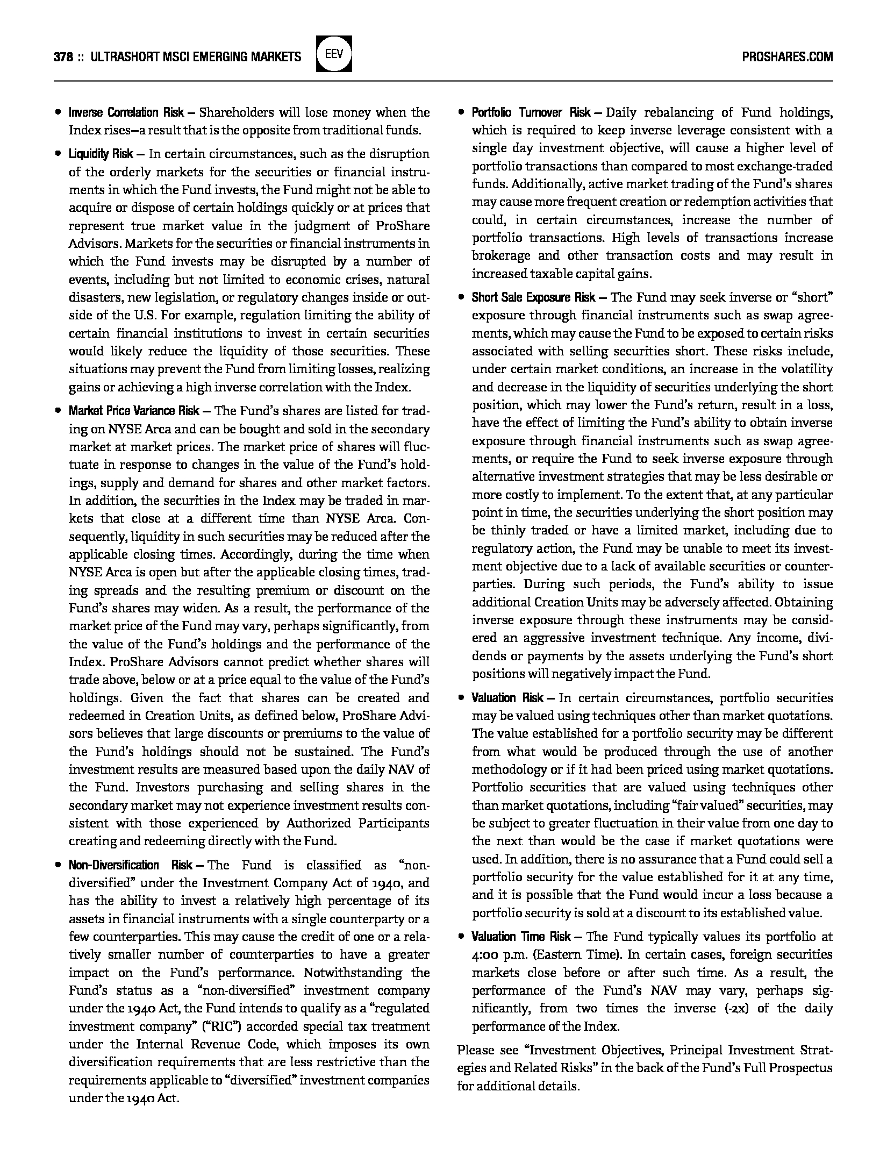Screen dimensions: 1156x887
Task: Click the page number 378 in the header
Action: [63, 57]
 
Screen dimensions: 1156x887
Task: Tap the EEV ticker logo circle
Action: [334, 54]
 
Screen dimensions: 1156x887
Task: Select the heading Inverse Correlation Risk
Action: [126, 112]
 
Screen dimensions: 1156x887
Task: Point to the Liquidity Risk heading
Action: [101, 154]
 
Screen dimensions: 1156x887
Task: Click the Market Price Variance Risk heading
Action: [134, 411]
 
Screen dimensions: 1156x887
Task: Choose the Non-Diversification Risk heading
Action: [131, 865]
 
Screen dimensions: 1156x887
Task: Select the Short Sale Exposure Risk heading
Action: [533, 297]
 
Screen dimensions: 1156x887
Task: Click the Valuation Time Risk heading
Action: [521, 937]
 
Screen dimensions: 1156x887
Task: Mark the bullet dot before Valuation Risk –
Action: [461, 698]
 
